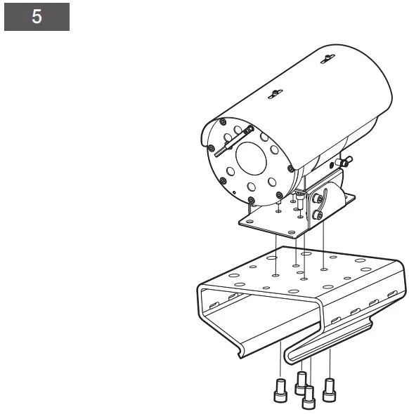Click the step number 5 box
click(x=37, y=18)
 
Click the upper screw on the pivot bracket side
click(x=320, y=199)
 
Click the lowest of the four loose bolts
click(x=307, y=399)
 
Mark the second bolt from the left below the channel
click(x=301, y=382)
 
